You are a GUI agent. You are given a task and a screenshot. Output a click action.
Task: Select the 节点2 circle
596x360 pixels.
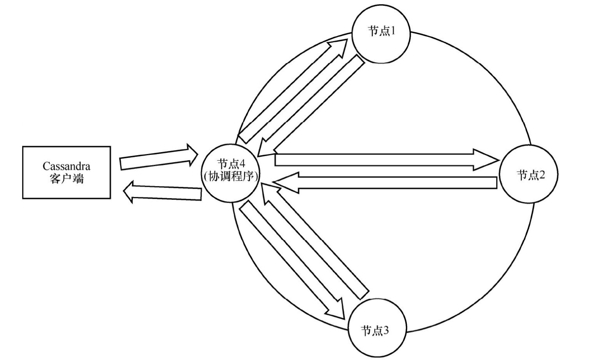point(529,174)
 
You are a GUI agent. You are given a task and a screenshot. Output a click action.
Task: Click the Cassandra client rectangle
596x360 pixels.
point(66,172)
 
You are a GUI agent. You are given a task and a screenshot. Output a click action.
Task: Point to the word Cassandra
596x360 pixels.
point(66,166)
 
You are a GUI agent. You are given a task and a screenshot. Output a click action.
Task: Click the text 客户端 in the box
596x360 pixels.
point(67,179)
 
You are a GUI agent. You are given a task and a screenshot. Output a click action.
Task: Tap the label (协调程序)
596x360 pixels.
point(231,177)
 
